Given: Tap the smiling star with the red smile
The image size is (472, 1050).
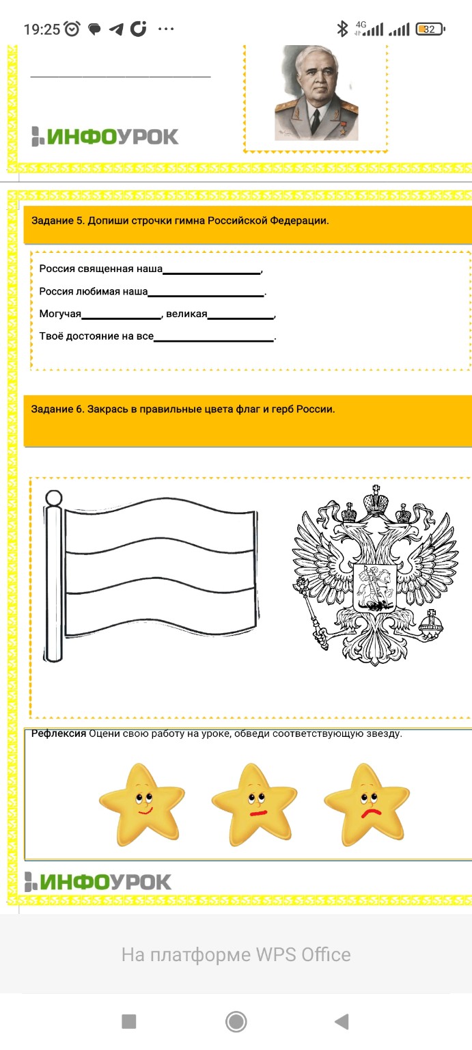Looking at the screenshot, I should pyautogui.click(x=141, y=804).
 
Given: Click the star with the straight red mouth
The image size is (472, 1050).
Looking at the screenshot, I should pyautogui.click(x=254, y=804).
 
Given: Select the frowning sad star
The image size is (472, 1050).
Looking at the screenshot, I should pyautogui.click(x=367, y=804).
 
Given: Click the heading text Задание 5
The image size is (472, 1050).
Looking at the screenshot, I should pyautogui.click(x=57, y=220).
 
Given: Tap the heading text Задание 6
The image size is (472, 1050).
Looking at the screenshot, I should pyautogui.click(x=57, y=409).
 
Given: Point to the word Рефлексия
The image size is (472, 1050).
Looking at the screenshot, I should pyautogui.click(x=59, y=734).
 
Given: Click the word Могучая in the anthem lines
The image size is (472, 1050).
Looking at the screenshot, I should pyautogui.click(x=60, y=314).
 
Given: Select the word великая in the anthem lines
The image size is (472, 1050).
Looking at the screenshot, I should pyautogui.click(x=186, y=314).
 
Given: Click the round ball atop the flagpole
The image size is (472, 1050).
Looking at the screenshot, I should pyautogui.click(x=53, y=498).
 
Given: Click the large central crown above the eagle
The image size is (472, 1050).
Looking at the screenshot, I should pyautogui.click(x=375, y=500).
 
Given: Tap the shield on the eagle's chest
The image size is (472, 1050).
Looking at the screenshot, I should pyautogui.click(x=374, y=587).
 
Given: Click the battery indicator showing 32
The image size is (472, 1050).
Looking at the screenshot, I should pyautogui.click(x=430, y=29).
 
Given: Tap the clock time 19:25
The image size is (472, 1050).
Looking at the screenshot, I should pyautogui.click(x=42, y=29).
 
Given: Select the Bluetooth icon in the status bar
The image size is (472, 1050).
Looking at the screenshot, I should pyautogui.click(x=342, y=29).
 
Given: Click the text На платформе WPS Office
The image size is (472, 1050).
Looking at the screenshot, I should pyautogui.click(x=236, y=954).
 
